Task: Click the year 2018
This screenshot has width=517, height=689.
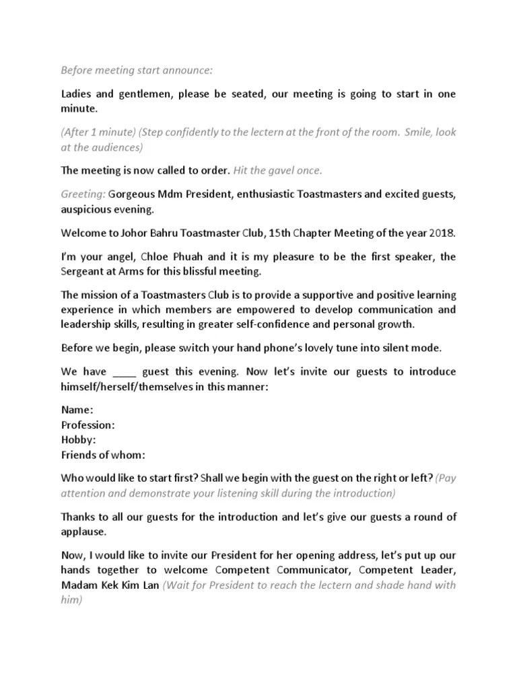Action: coord(440,233)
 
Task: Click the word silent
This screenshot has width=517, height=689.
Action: coord(382,348)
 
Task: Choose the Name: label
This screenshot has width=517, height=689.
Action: coord(77,410)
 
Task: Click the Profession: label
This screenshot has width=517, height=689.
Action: coord(88,425)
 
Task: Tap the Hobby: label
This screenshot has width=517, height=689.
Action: coord(78,439)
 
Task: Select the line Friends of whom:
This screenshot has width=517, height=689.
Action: coord(103,454)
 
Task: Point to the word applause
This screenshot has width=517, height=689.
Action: coord(83,531)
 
